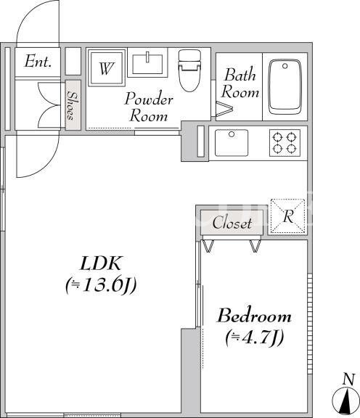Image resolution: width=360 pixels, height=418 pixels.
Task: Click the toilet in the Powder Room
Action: (x=189, y=70)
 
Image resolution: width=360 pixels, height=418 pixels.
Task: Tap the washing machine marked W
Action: (x=107, y=67)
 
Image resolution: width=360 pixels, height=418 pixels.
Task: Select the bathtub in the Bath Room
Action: (x=285, y=87)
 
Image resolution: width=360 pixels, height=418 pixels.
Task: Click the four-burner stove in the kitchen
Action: (x=285, y=143)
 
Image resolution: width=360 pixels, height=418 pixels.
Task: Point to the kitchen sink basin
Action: (x=232, y=143)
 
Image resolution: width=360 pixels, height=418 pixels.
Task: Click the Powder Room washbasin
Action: (x=147, y=64)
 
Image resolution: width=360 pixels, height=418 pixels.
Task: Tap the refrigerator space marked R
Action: (x=287, y=216)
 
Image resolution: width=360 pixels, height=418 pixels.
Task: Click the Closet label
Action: (x=232, y=223)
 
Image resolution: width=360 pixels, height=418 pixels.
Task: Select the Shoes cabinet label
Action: (x=71, y=105)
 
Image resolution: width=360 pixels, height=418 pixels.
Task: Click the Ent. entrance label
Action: (x=38, y=61)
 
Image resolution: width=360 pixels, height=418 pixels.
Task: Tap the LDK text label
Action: (x=101, y=263)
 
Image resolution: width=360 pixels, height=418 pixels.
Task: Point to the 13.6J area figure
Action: (x=102, y=285)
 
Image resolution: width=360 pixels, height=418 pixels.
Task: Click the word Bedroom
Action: (x=255, y=316)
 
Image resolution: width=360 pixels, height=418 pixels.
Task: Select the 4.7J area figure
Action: (x=255, y=337)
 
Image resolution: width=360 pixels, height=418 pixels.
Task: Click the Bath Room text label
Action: (x=240, y=83)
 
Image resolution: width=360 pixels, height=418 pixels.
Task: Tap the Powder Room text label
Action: (x=149, y=107)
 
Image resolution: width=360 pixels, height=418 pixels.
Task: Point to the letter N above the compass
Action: (x=348, y=379)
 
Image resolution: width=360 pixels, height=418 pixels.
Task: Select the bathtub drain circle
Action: (x=285, y=65)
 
